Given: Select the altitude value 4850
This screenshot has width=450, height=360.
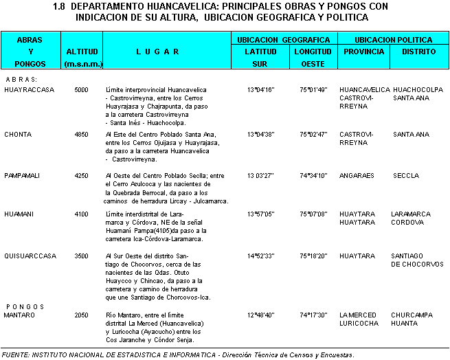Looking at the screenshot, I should pyautogui.click(x=81, y=134).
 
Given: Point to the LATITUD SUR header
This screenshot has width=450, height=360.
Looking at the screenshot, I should pyautogui.click(x=260, y=57).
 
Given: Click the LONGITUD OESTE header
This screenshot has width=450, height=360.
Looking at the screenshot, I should pyautogui.click(x=313, y=57).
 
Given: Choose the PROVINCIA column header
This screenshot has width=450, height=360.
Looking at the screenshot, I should pyautogui.click(x=364, y=52).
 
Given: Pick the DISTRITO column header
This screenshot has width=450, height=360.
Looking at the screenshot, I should pyautogui.click(x=419, y=52).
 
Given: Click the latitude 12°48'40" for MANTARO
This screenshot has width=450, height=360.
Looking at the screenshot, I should pyautogui.click(x=260, y=315).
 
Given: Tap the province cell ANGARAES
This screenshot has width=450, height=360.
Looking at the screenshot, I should pyautogui.click(x=357, y=175).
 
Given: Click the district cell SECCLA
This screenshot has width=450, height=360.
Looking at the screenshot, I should pyautogui.click(x=406, y=175).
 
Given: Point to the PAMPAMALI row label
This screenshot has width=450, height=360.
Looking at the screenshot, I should pyautogui.click(x=22, y=175).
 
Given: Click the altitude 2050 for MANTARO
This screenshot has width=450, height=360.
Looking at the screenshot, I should pyautogui.click(x=81, y=315).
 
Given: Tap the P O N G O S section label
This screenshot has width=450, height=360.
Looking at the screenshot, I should pyautogui.click(x=24, y=306).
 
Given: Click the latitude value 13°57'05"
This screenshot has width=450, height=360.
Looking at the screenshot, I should pyautogui.click(x=260, y=214).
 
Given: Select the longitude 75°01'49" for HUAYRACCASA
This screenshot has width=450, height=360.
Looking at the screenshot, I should pyautogui.click(x=313, y=90).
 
